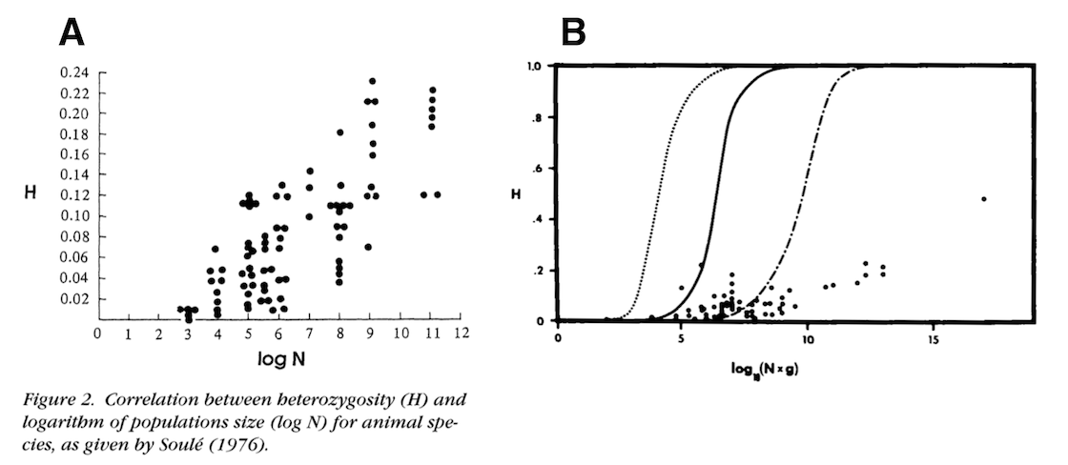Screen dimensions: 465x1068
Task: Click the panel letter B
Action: (573, 32)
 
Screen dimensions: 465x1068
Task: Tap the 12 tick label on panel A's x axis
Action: (462, 334)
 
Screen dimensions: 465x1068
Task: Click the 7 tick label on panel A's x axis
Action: (309, 334)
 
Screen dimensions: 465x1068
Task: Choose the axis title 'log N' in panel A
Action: (283, 360)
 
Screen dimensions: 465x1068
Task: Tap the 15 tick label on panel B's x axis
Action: (934, 340)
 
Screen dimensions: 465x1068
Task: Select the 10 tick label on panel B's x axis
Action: (808, 340)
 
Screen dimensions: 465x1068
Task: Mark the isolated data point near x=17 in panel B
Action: (983, 199)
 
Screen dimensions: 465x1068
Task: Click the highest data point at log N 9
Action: (372, 81)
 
